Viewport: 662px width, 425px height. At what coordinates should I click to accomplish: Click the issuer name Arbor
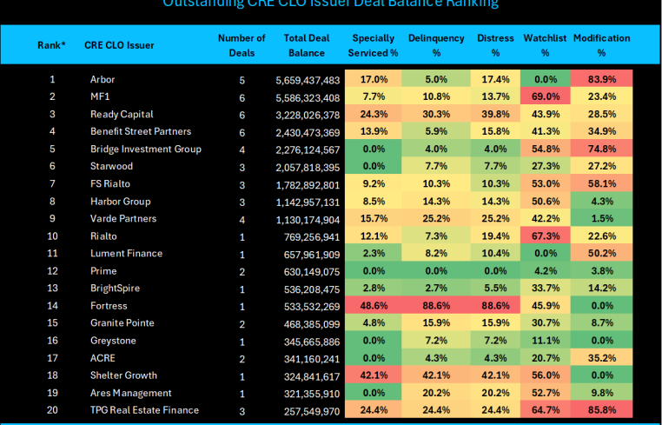pyautogui.click(x=103, y=79)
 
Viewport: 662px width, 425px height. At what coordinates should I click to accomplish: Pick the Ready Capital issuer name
pyautogui.click(x=122, y=114)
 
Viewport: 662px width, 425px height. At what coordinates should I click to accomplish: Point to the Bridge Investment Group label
pyautogui.click(x=146, y=149)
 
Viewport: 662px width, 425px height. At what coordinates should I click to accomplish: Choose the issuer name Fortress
pyautogui.click(x=109, y=305)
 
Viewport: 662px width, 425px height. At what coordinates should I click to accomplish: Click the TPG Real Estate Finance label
pyautogui.click(x=144, y=409)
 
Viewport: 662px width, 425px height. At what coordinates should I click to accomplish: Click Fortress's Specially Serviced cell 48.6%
pyautogui.click(x=374, y=305)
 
